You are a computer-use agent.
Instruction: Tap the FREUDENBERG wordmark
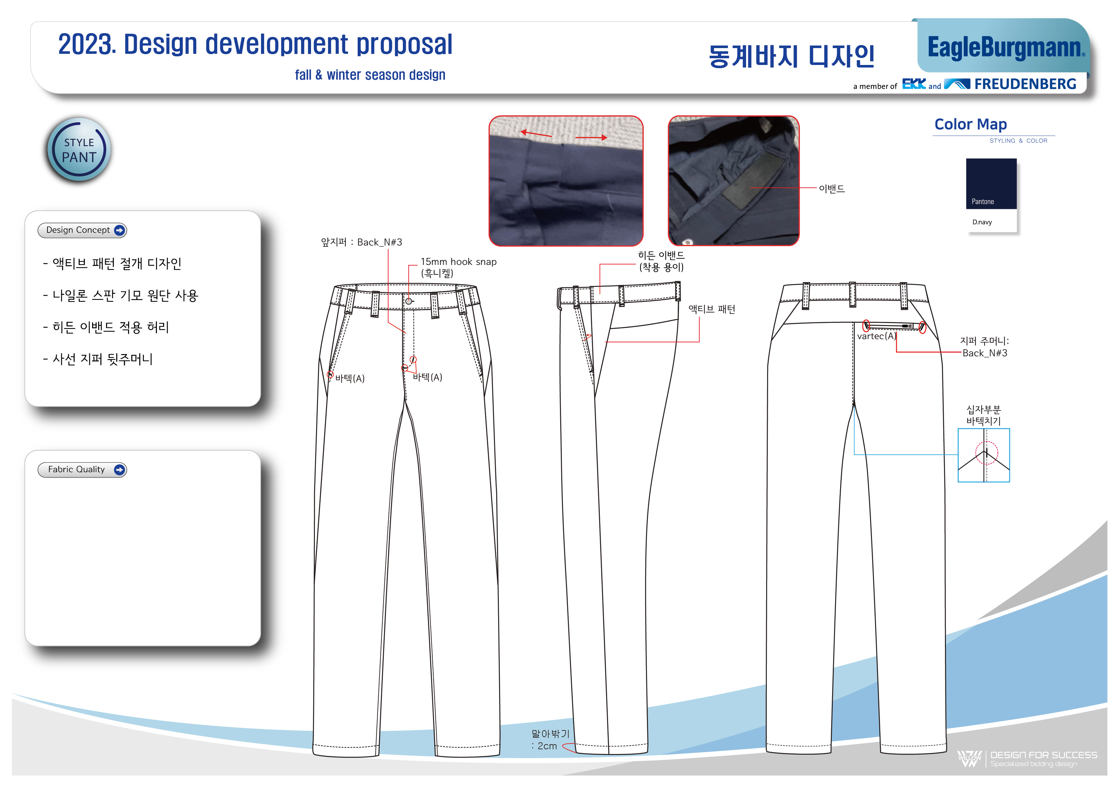point(1025,84)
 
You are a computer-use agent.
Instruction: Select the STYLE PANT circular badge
point(79,149)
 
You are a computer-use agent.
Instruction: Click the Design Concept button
point(82,230)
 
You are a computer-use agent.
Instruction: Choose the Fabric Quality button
point(82,469)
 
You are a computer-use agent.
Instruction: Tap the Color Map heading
point(970,125)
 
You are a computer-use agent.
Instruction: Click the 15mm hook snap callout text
point(458,262)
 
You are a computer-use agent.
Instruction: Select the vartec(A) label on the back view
point(876,336)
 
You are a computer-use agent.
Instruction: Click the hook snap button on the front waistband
point(409,301)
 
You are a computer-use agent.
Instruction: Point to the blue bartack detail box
point(984,455)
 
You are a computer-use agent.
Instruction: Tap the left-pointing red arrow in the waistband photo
point(536,133)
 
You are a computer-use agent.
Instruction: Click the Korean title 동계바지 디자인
point(791,56)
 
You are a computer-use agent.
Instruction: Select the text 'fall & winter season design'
point(370,75)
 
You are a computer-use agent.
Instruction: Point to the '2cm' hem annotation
point(547,746)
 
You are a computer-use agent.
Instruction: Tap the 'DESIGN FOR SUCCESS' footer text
point(1043,755)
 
